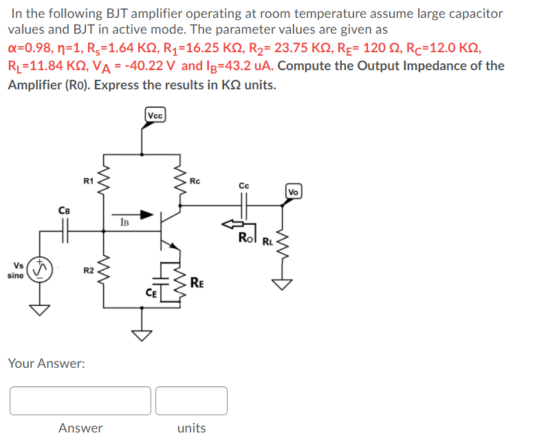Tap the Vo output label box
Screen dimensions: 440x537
pos(294,190)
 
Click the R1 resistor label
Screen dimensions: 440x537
pos(87,181)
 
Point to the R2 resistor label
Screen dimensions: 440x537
pos(88,271)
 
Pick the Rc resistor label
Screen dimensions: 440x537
pos(195,181)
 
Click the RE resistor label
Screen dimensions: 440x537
pos(197,281)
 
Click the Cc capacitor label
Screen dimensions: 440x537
pos(244,186)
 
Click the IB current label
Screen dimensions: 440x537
pos(124,221)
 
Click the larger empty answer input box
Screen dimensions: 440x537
pos(80,401)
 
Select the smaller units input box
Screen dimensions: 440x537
pos(191,401)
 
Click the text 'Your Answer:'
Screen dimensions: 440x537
pos(46,362)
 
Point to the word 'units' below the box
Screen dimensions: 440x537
pos(191,428)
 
